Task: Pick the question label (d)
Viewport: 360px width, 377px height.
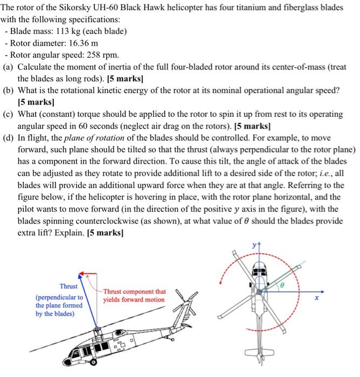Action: point(8,137)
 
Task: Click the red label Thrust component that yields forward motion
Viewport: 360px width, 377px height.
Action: point(134,295)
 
